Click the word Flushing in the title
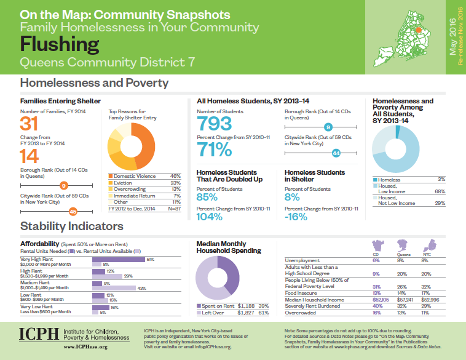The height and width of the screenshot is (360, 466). [x=59, y=45]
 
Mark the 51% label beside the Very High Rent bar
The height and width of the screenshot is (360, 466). [x=149, y=260]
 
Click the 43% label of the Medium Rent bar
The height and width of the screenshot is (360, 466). [x=141, y=287]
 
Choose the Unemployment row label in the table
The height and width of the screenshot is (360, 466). [x=304, y=260]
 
